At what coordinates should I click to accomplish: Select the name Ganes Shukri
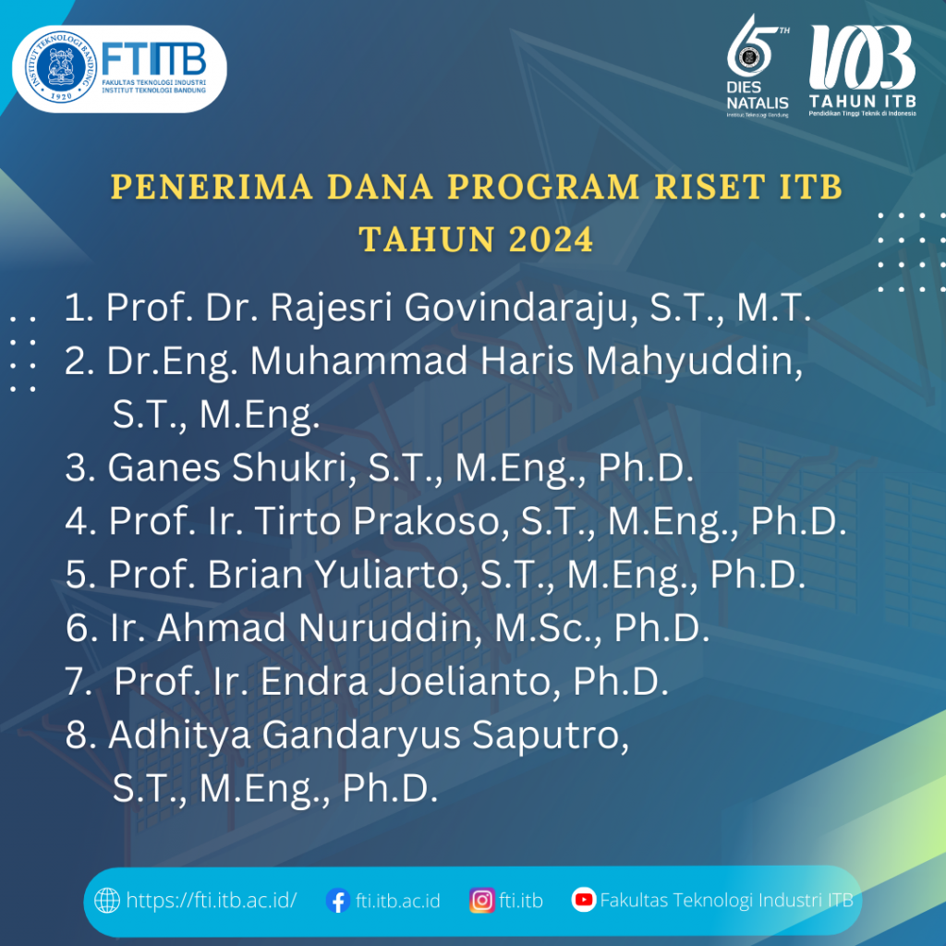[231, 468]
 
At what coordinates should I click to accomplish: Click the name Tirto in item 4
[309, 522]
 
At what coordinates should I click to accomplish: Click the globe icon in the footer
[107, 900]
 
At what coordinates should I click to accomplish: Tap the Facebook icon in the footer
[338, 901]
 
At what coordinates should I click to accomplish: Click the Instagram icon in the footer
[481, 900]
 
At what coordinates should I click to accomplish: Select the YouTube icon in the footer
[583, 900]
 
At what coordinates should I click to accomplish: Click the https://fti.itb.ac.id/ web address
[212, 901]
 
